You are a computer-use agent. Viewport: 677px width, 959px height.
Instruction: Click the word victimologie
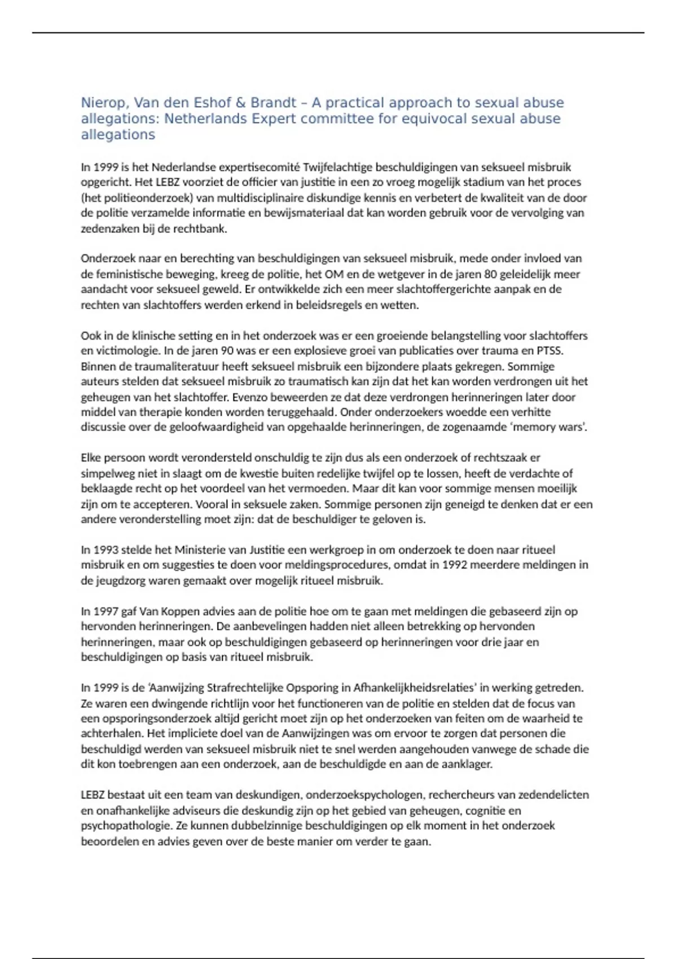(x=126, y=351)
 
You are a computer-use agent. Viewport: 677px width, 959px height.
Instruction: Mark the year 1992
(x=449, y=565)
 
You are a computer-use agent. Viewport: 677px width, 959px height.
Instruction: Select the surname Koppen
(x=179, y=611)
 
